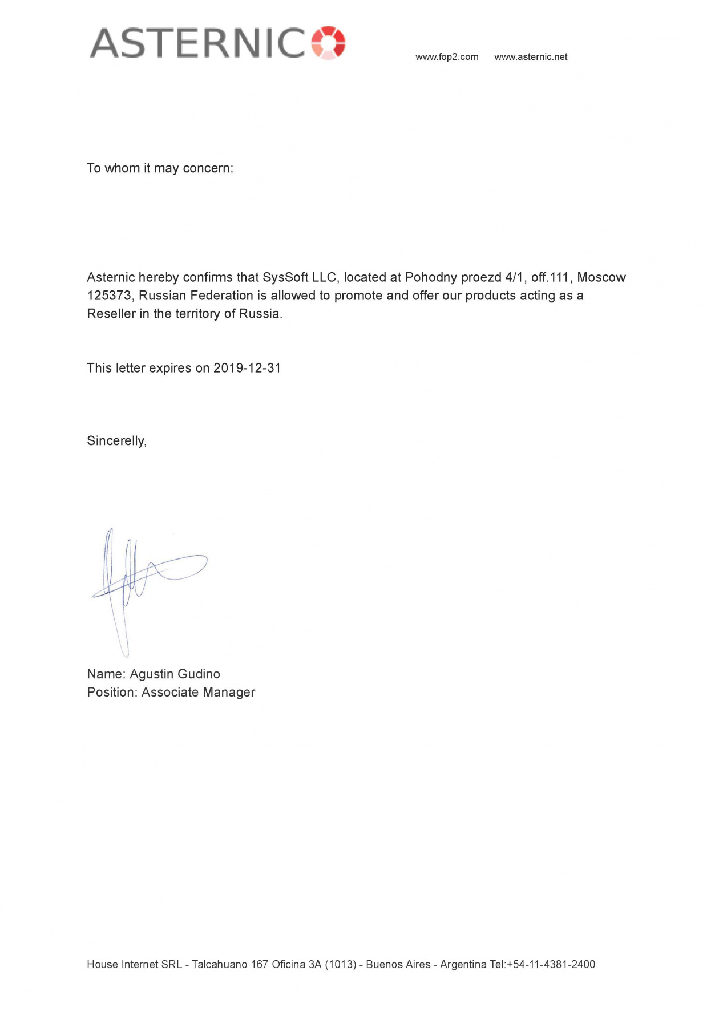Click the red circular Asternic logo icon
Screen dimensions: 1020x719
[329, 42]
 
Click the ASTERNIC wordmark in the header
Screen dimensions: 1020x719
[197, 43]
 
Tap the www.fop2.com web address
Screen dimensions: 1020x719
[447, 57]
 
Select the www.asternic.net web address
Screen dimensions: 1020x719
[531, 57]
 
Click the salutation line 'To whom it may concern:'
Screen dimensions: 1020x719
[160, 168]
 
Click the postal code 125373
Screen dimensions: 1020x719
[109, 296]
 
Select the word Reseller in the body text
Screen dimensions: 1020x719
[111, 314]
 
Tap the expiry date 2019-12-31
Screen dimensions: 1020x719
[247, 368]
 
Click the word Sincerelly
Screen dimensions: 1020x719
[116, 441]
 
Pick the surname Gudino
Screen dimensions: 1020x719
[198, 674]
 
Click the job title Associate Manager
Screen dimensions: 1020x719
[198, 693]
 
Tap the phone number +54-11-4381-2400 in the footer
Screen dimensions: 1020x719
[551, 965]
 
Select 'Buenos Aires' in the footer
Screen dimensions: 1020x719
[398, 965]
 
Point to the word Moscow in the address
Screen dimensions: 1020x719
[601, 278]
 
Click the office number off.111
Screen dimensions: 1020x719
[550, 278]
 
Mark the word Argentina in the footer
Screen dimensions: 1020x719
[463, 965]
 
